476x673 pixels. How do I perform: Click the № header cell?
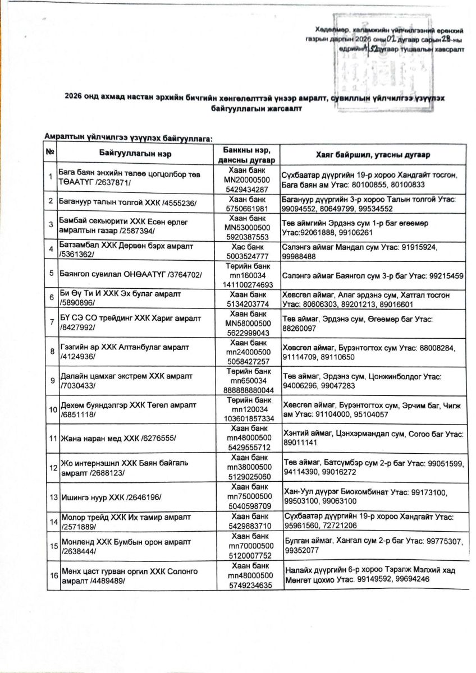[x=51, y=153]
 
